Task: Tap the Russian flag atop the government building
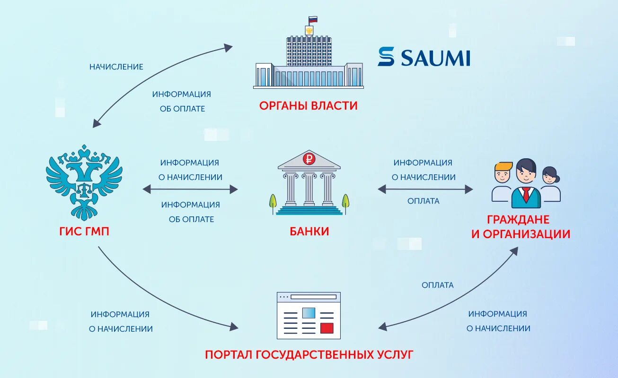click(312, 20)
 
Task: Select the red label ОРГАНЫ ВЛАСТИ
click(308, 105)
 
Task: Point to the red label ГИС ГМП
click(84, 232)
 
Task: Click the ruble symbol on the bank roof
click(309, 159)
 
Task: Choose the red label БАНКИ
click(309, 232)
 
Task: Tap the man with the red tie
click(526, 184)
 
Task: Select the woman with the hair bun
click(550, 184)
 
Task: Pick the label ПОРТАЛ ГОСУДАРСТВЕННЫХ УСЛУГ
click(309, 354)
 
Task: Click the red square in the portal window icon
click(327, 328)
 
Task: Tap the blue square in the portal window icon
click(309, 313)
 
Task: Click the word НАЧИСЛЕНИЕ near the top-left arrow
click(116, 67)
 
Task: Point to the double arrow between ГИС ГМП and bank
click(190, 189)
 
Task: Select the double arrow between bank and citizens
click(425, 189)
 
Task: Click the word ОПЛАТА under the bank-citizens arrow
click(424, 201)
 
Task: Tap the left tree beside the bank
click(273, 202)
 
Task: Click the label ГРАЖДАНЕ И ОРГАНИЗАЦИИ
click(521, 227)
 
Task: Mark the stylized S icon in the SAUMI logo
click(386, 57)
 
